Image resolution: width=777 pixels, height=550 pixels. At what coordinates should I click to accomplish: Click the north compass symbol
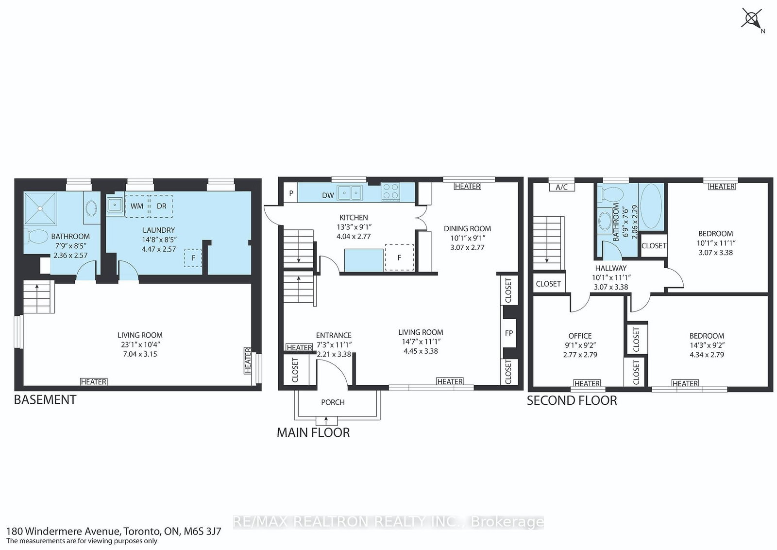[x=752, y=20]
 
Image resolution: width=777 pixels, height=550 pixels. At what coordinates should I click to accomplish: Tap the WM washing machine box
[x=136, y=206]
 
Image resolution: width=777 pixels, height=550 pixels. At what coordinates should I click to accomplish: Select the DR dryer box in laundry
[x=161, y=206]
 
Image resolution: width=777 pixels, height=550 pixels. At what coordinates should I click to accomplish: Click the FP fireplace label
[x=508, y=333]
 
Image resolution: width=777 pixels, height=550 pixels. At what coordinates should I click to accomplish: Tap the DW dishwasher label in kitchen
[x=328, y=195]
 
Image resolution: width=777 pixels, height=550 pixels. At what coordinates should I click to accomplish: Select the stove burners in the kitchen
[x=390, y=191]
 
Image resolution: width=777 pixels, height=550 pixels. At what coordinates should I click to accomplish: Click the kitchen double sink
[x=350, y=193]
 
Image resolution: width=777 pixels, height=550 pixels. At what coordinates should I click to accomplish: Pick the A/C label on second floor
[x=561, y=188]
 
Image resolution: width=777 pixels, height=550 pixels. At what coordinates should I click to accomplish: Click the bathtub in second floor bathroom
[x=650, y=207]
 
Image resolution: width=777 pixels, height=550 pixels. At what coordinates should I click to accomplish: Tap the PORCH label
[x=333, y=402]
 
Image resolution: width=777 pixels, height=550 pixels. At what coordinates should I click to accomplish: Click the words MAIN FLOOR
[x=313, y=432]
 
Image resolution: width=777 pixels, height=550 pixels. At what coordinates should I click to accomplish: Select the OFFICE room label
[x=580, y=336]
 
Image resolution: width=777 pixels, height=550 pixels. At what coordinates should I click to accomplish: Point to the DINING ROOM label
[x=467, y=228]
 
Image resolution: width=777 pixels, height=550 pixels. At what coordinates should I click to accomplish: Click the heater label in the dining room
[x=468, y=186]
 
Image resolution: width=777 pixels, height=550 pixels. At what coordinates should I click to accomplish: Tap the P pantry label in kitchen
[x=291, y=193]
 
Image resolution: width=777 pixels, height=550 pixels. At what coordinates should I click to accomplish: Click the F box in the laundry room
[x=193, y=258]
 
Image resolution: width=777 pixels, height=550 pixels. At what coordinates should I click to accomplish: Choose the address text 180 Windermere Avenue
[x=63, y=531]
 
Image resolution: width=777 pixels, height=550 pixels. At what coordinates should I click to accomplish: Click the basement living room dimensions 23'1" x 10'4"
[x=140, y=344]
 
